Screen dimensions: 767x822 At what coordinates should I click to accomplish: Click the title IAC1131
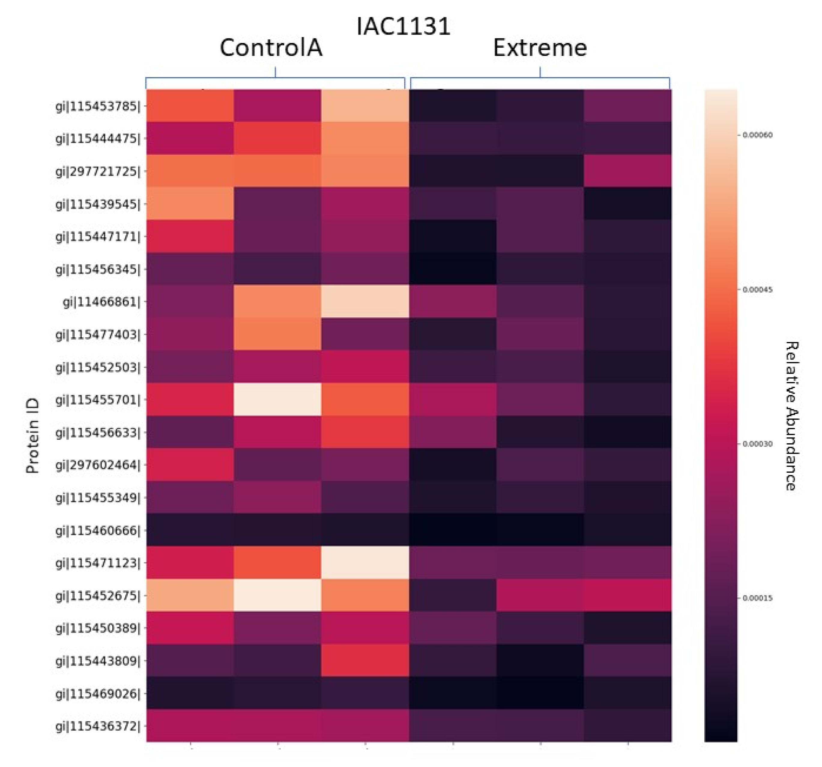tap(403, 27)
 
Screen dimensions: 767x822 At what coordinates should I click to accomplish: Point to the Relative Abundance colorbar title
tap(791, 416)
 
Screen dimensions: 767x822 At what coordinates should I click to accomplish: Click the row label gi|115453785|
tap(98, 106)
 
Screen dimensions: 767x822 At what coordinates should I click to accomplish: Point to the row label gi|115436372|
tap(98, 726)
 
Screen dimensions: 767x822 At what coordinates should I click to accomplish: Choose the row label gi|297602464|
tap(98, 465)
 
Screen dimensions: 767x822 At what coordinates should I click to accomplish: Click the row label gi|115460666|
tap(98, 530)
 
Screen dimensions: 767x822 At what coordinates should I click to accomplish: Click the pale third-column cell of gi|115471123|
tap(365, 562)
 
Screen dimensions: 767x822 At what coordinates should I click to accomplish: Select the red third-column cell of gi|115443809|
tap(365, 661)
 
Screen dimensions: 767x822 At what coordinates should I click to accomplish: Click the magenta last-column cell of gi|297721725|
tap(627, 171)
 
